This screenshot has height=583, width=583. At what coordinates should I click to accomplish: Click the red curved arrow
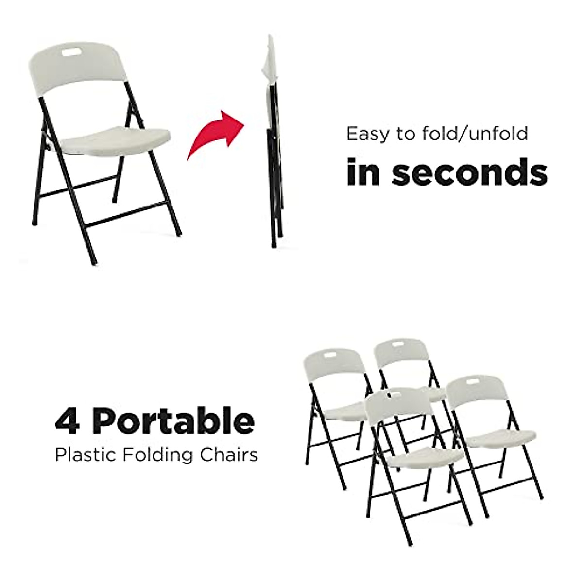(x=216, y=136)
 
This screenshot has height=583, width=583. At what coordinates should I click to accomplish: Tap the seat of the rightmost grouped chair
(x=503, y=438)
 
